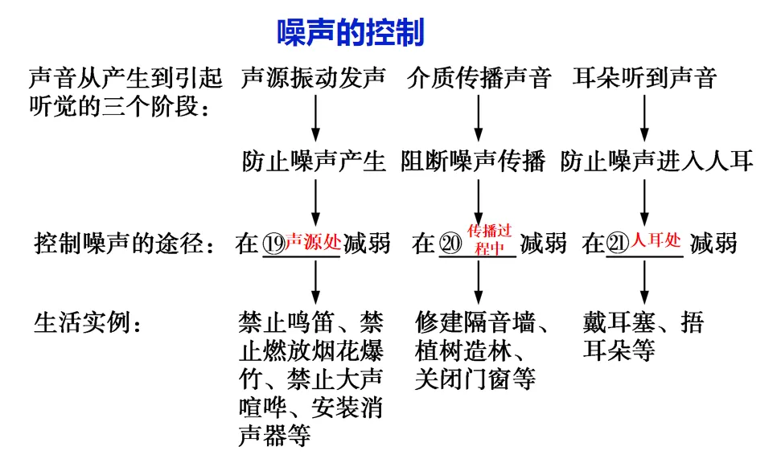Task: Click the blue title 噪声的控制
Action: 351,33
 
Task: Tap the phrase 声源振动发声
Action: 314,78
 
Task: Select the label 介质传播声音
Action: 479,78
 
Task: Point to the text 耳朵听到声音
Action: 644,78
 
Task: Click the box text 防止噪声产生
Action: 314,161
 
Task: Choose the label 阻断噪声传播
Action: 473,161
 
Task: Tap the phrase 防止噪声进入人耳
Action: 656,161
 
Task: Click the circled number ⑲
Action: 273,244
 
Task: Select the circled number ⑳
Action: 450,244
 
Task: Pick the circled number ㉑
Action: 618,244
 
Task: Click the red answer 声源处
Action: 313,242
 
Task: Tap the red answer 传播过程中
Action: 490,240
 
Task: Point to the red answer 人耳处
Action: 656,240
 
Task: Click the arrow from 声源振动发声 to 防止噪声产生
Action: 315,118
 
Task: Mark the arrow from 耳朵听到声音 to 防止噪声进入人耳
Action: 644,118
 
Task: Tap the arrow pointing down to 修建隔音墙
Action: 479,282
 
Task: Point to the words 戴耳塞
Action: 619,322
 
